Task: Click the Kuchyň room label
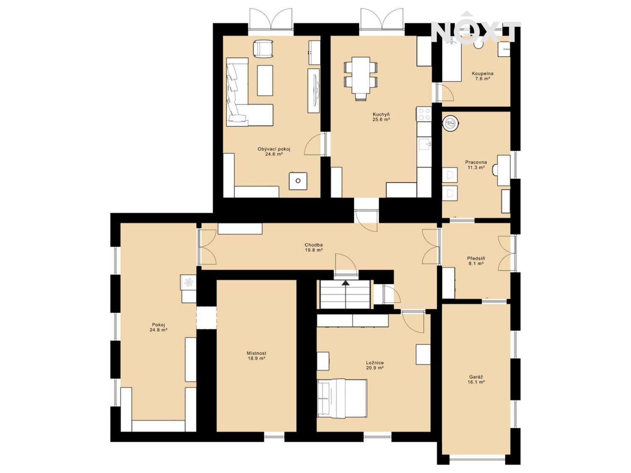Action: [381, 117]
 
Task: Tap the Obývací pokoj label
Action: [274, 152]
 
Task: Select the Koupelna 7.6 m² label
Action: [483, 76]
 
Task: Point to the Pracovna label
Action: [476, 165]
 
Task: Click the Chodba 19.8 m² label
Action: [314, 248]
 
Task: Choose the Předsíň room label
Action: [476, 261]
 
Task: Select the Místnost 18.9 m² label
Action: [257, 356]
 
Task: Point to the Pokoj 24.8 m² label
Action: [159, 327]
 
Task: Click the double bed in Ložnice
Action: [342, 398]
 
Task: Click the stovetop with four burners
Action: [424, 114]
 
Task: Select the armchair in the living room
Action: [263, 48]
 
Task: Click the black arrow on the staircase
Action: [345, 283]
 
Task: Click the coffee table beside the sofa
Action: [265, 80]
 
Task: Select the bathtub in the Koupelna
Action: [452, 59]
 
